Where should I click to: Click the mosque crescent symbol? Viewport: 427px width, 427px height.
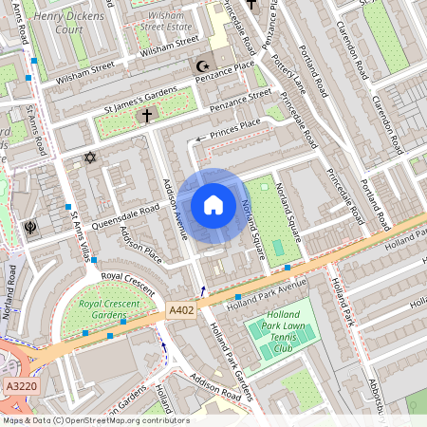pos(201,66)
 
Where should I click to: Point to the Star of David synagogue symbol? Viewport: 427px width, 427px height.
pos(91,157)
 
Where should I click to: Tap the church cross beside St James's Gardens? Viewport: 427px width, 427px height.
pos(146,116)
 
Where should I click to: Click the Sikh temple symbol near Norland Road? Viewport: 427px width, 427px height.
pos(28,229)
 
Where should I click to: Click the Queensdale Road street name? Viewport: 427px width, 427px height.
pos(125,218)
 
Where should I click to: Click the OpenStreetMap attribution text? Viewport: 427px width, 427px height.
pos(95,419)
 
